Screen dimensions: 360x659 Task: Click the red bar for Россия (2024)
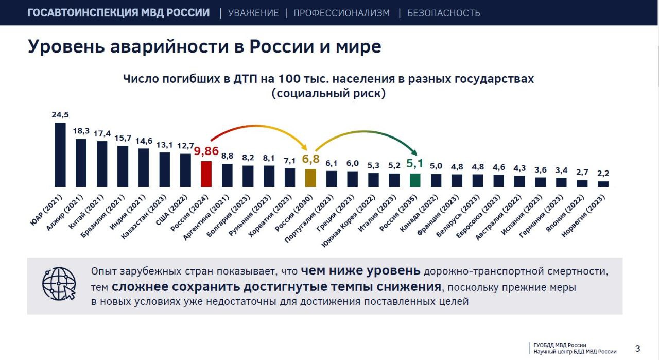coord(206,174)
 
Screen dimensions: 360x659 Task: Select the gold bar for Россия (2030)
coord(310,178)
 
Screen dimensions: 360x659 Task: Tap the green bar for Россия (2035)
coord(415,180)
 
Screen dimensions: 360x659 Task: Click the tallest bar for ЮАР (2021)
coord(60,155)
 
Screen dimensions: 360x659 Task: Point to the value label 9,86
coord(206,151)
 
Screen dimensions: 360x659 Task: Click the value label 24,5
coord(60,114)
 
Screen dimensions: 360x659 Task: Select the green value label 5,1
coord(415,164)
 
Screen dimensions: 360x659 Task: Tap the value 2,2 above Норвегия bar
coord(603,173)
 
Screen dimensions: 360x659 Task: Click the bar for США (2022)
coord(185,170)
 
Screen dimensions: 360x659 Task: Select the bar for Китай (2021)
coord(102,164)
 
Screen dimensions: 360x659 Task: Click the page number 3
coord(638,349)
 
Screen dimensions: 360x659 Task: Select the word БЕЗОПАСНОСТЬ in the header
coord(443,13)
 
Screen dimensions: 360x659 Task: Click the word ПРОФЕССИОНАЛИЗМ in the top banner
coord(341,13)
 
